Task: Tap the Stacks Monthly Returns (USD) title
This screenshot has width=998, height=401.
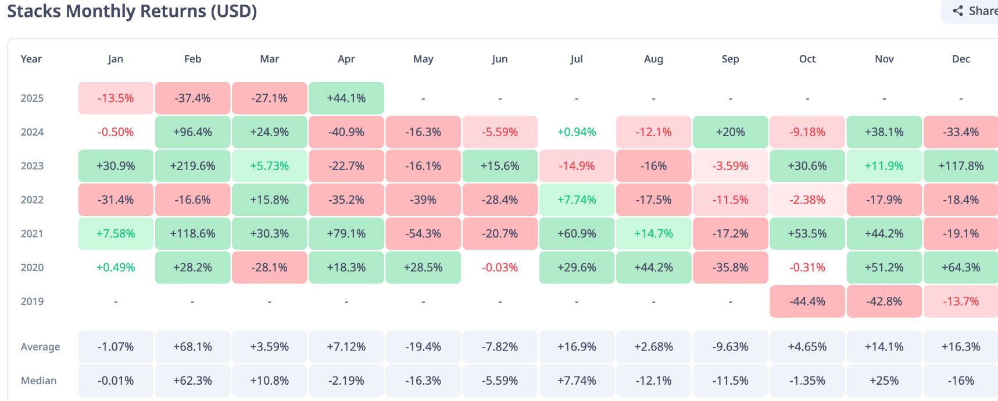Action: click(132, 11)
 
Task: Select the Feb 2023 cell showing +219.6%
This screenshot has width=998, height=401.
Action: click(192, 166)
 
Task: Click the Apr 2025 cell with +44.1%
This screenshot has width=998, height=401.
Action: click(346, 98)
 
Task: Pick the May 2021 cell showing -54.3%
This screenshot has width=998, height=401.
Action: click(423, 233)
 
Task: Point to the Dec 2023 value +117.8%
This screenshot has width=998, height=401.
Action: click(961, 166)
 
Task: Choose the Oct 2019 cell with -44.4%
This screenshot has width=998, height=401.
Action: click(807, 301)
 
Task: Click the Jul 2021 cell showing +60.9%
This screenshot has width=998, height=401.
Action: click(577, 233)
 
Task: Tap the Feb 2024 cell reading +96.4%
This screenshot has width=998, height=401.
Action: click(192, 132)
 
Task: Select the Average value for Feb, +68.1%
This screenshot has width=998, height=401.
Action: click(192, 347)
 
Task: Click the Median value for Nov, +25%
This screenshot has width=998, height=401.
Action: click(884, 381)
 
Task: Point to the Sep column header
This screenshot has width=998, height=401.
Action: click(731, 59)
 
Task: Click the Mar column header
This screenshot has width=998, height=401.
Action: click(270, 59)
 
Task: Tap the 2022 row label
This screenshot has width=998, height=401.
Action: click(32, 200)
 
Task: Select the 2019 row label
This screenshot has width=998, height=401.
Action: click(32, 301)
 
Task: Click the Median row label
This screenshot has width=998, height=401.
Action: click(39, 381)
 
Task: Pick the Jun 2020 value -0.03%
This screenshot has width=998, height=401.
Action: click(500, 268)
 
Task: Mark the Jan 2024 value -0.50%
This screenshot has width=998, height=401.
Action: click(116, 132)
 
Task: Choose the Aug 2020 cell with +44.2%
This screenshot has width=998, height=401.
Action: click(653, 268)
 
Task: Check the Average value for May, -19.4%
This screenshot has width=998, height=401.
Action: click(423, 347)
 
